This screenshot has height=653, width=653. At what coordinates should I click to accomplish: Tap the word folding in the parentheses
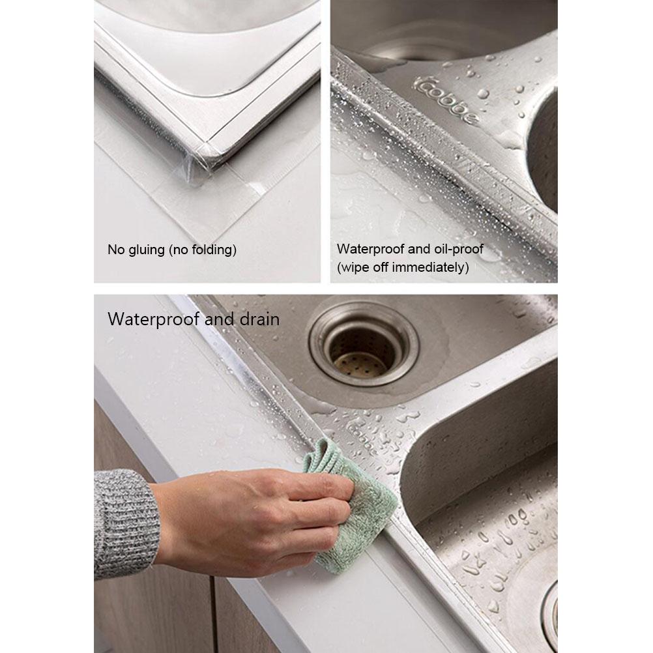tap(209, 250)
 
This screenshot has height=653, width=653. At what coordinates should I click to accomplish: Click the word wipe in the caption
tap(355, 267)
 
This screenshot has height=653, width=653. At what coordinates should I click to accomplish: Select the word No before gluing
tap(115, 250)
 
